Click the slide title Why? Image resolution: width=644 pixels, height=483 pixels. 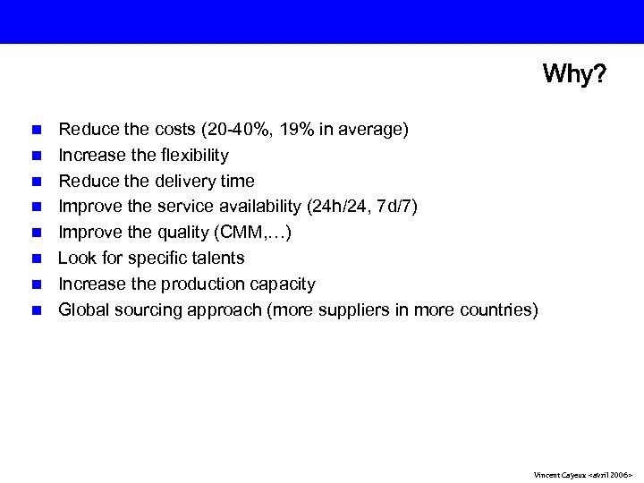coord(573,73)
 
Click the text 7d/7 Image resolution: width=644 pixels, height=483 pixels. coord(395,208)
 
